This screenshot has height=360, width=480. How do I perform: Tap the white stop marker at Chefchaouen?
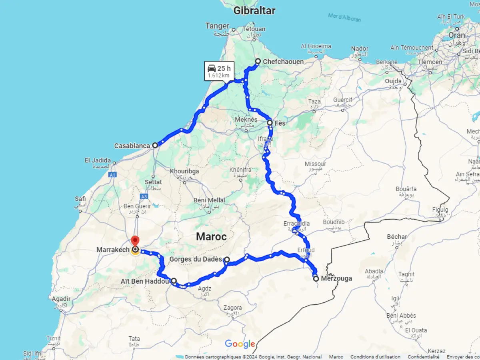(258, 61)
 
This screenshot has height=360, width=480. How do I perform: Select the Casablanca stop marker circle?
(155, 145)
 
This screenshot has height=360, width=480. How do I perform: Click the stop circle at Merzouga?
(316, 279)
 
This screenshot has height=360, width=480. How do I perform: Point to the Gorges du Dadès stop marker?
(226, 260)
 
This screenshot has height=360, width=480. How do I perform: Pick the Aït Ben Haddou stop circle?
(174, 281)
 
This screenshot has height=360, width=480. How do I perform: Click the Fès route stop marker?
(270, 123)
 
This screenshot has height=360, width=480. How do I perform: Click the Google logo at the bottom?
(240, 344)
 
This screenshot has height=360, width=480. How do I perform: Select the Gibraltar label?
(254, 11)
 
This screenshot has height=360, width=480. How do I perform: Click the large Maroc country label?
(211, 236)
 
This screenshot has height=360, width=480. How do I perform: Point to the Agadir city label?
(61, 299)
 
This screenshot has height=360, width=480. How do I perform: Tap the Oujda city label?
(393, 81)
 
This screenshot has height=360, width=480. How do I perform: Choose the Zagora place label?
(233, 308)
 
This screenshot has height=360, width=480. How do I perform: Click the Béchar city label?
(397, 237)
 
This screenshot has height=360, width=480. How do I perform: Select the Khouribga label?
(184, 171)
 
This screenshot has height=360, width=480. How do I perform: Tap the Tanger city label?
(217, 26)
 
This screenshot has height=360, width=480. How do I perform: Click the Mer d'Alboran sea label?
(344, 17)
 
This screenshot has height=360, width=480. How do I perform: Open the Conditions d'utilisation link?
(375, 357)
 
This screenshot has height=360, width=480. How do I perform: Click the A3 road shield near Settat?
(144, 196)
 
